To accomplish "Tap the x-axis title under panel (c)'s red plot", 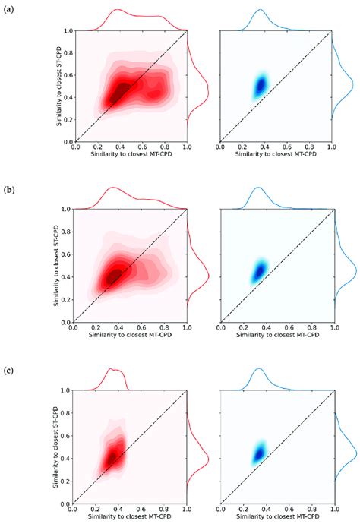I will pos(128,515).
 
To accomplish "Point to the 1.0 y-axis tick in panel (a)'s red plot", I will pos(68,31).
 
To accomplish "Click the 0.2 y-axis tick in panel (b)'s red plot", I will pos(65,299).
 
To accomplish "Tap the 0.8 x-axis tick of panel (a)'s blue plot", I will pos(309,147).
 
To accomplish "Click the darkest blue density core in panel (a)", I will pos(260,85).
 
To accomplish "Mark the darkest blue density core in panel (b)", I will pos(260,270).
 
